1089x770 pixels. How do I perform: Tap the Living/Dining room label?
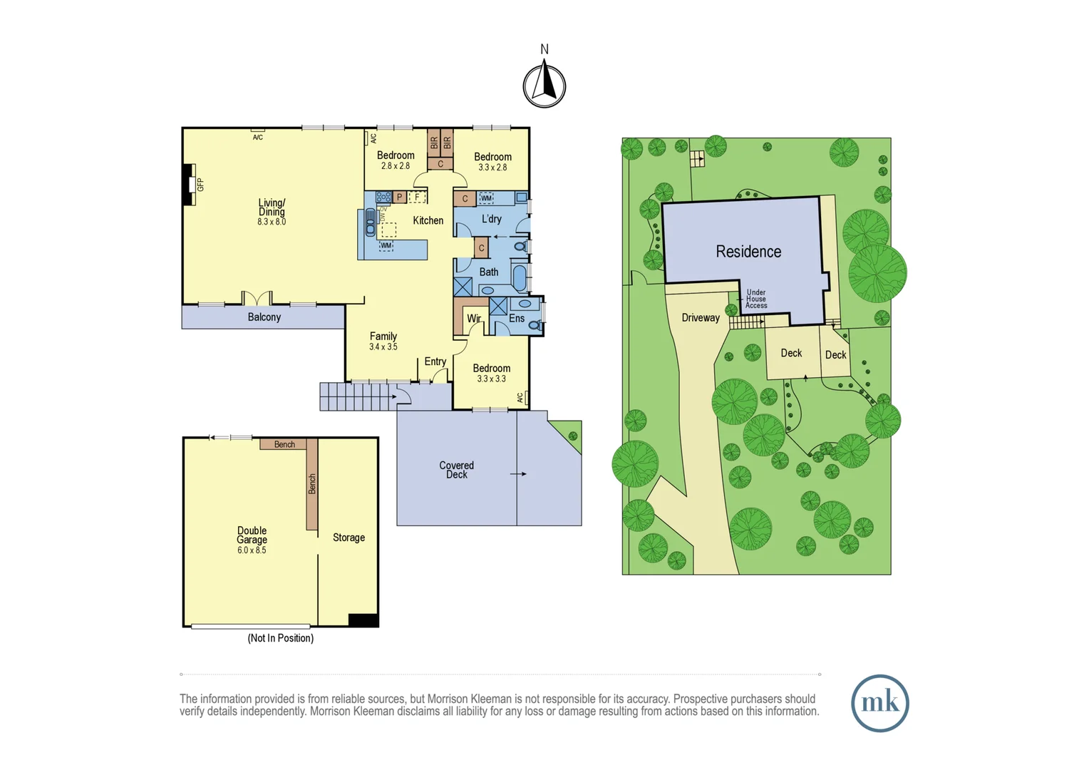click(272, 207)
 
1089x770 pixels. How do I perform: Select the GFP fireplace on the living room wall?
click(190, 185)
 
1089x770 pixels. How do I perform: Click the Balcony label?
click(264, 317)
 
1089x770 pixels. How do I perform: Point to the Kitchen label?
click(428, 221)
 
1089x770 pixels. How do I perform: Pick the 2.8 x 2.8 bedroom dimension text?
click(395, 166)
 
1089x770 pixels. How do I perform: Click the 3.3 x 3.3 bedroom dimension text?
click(491, 379)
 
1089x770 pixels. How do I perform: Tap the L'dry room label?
click(492, 220)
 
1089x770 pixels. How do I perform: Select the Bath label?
click(489, 272)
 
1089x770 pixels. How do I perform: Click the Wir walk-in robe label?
click(473, 319)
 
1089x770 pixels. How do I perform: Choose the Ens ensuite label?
click(517, 319)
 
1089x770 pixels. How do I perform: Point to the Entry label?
click(435, 362)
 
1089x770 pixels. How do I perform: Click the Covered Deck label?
click(457, 470)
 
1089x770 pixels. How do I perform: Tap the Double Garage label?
click(252, 535)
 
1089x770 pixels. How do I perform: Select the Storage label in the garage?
click(349, 538)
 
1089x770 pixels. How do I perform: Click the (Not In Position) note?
click(281, 638)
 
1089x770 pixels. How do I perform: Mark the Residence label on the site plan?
click(748, 252)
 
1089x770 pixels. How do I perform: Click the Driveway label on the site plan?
click(701, 318)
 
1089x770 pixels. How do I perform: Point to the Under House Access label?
click(756, 299)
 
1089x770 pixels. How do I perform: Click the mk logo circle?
click(880, 703)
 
